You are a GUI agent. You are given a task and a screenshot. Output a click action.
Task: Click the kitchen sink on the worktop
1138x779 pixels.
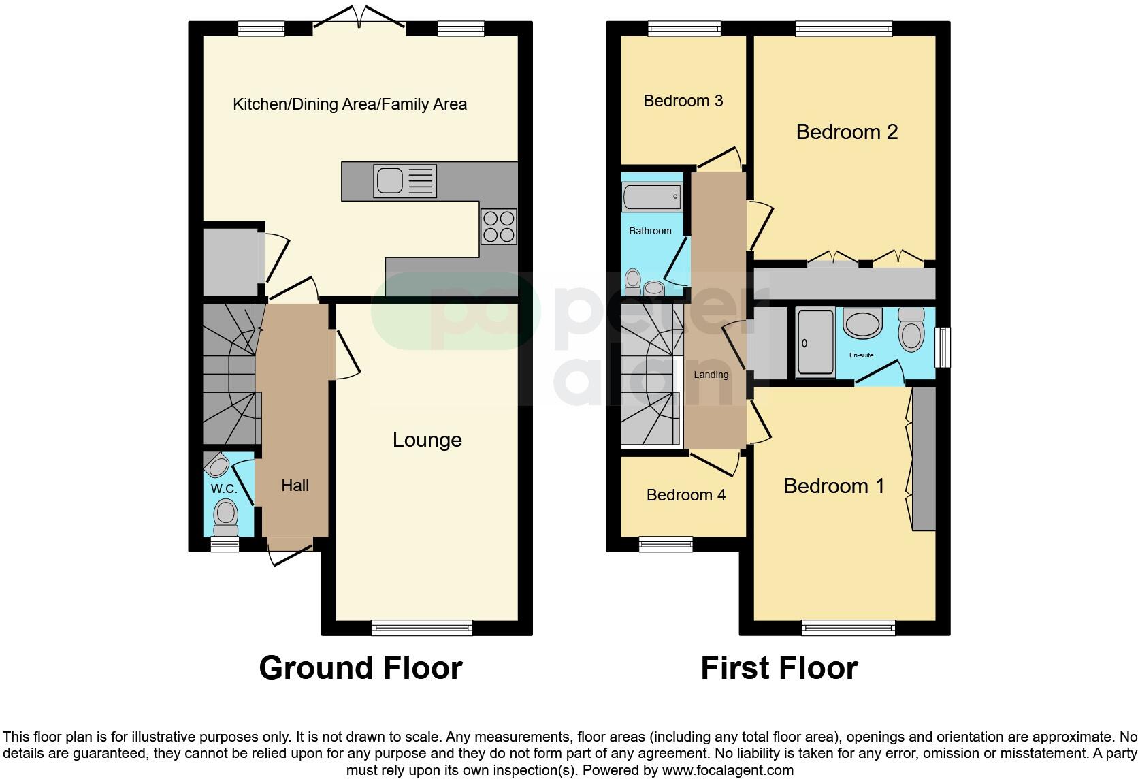tap(405, 182)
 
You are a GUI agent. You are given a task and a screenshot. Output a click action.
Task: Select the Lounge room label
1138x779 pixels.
tap(427, 440)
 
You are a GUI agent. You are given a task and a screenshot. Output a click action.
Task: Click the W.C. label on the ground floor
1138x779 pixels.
tap(223, 489)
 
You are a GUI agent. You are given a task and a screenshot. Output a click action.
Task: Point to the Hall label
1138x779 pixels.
tap(295, 486)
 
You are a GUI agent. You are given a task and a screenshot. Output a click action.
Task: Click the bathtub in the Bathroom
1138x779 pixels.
tap(651, 197)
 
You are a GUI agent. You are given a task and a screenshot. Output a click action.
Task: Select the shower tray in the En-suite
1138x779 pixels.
tap(815, 343)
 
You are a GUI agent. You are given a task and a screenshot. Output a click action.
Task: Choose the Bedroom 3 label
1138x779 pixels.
tap(683, 101)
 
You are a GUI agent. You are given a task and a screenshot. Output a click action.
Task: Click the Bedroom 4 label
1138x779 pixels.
tap(685, 495)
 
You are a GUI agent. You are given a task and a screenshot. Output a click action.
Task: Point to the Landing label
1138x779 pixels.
tap(711, 375)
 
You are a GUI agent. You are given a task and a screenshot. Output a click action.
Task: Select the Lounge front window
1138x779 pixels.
tap(422, 628)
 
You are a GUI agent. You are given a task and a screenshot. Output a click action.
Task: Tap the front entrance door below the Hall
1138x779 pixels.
tap(291, 553)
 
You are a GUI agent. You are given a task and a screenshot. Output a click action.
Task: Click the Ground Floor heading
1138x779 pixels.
tap(360, 668)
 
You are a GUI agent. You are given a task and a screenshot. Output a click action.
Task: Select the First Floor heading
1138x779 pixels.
tap(779, 668)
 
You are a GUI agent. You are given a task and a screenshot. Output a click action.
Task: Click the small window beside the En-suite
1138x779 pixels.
tap(943, 347)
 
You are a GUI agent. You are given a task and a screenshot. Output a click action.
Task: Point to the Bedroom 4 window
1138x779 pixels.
tap(666, 543)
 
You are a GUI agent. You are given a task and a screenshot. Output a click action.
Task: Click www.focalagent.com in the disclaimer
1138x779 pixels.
tap(728, 771)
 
